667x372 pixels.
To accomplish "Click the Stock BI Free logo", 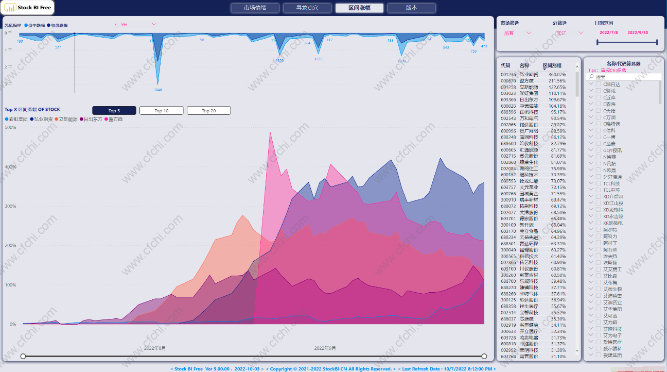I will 28,8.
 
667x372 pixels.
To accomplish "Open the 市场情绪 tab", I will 255,8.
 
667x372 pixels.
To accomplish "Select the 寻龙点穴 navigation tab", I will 307,8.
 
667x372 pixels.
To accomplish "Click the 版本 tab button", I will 411,8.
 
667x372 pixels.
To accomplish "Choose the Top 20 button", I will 208,111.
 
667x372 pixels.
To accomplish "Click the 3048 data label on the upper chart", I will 157,90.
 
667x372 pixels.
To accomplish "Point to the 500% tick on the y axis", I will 10,127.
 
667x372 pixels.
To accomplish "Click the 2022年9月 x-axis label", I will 325,348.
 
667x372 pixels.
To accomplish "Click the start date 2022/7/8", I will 609,32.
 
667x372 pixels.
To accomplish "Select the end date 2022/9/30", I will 637,32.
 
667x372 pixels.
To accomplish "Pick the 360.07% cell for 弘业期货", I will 557,74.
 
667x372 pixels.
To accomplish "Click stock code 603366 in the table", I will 508,99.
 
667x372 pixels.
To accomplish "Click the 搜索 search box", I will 627,77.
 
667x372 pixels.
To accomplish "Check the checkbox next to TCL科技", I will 599,183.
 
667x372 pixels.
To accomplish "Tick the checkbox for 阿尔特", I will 599,230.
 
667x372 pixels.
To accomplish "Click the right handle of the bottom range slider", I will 484,357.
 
